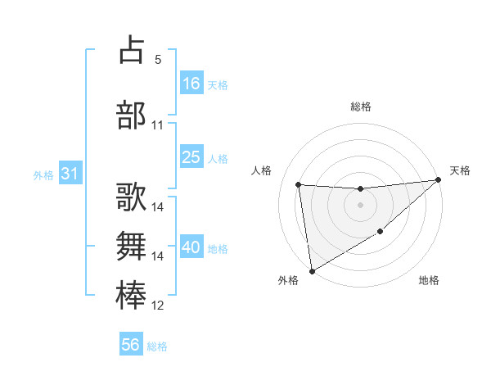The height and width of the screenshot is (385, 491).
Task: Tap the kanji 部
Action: point(132,114)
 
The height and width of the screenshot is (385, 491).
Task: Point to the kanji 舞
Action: point(132,246)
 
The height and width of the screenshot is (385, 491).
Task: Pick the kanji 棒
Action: point(132,295)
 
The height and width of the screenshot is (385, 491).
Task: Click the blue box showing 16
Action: point(191,84)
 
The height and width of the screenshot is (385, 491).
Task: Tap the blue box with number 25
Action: point(191,157)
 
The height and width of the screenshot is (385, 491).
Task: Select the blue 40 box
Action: point(191,247)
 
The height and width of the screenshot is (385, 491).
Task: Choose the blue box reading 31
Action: point(70,174)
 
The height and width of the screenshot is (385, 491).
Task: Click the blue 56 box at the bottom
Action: point(131,345)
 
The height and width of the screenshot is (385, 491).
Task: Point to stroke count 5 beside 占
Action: point(157,59)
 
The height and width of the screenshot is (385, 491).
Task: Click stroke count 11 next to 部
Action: point(157,125)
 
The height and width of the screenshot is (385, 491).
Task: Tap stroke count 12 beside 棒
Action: point(157,306)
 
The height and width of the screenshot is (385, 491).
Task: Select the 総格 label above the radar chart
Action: point(361,106)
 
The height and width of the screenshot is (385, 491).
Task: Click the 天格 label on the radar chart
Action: point(460,170)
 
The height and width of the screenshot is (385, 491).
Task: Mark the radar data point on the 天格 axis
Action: point(438,180)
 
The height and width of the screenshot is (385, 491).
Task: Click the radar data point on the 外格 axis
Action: point(311,270)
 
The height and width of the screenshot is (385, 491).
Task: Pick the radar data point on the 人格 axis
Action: point(299,184)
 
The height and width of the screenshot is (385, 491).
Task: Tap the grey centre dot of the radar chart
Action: point(360,205)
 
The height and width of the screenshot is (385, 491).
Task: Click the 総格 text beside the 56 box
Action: point(157,346)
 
